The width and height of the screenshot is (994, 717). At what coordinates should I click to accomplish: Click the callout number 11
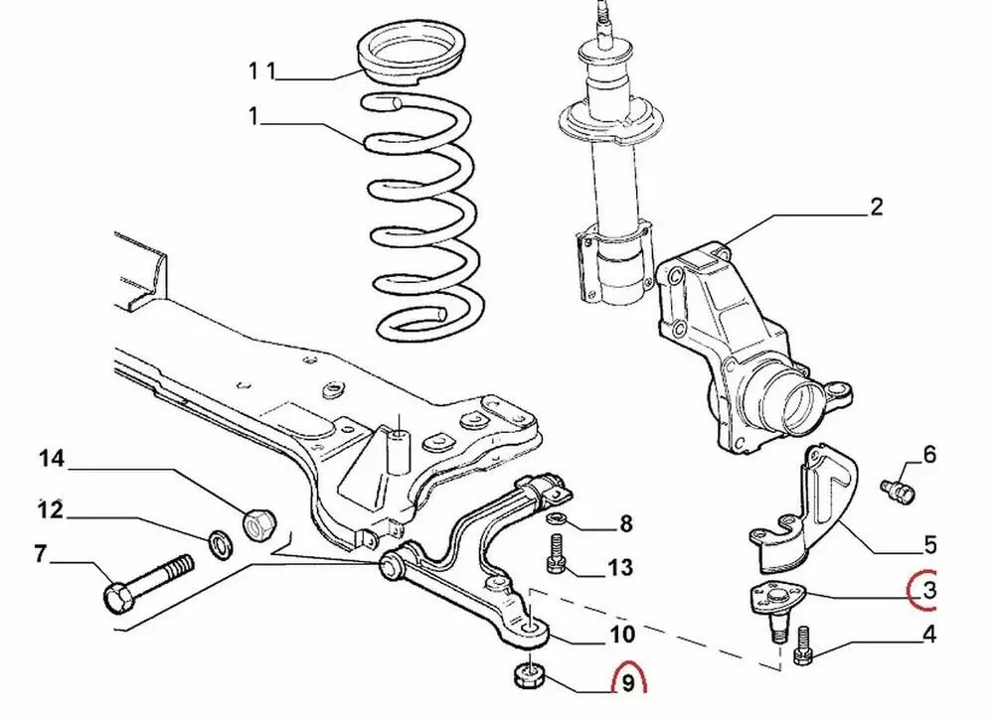(x=261, y=70)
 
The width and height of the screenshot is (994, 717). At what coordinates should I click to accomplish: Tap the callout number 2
(x=876, y=207)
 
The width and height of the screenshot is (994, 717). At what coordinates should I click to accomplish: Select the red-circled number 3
(x=927, y=592)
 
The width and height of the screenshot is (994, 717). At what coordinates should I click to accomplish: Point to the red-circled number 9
(x=627, y=684)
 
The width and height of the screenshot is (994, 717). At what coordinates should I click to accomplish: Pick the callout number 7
(x=41, y=554)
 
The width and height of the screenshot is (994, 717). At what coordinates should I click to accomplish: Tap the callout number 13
(x=619, y=567)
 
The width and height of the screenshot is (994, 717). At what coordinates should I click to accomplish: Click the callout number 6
(x=929, y=455)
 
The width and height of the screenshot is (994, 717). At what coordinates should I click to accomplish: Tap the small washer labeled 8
(x=557, y=519)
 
